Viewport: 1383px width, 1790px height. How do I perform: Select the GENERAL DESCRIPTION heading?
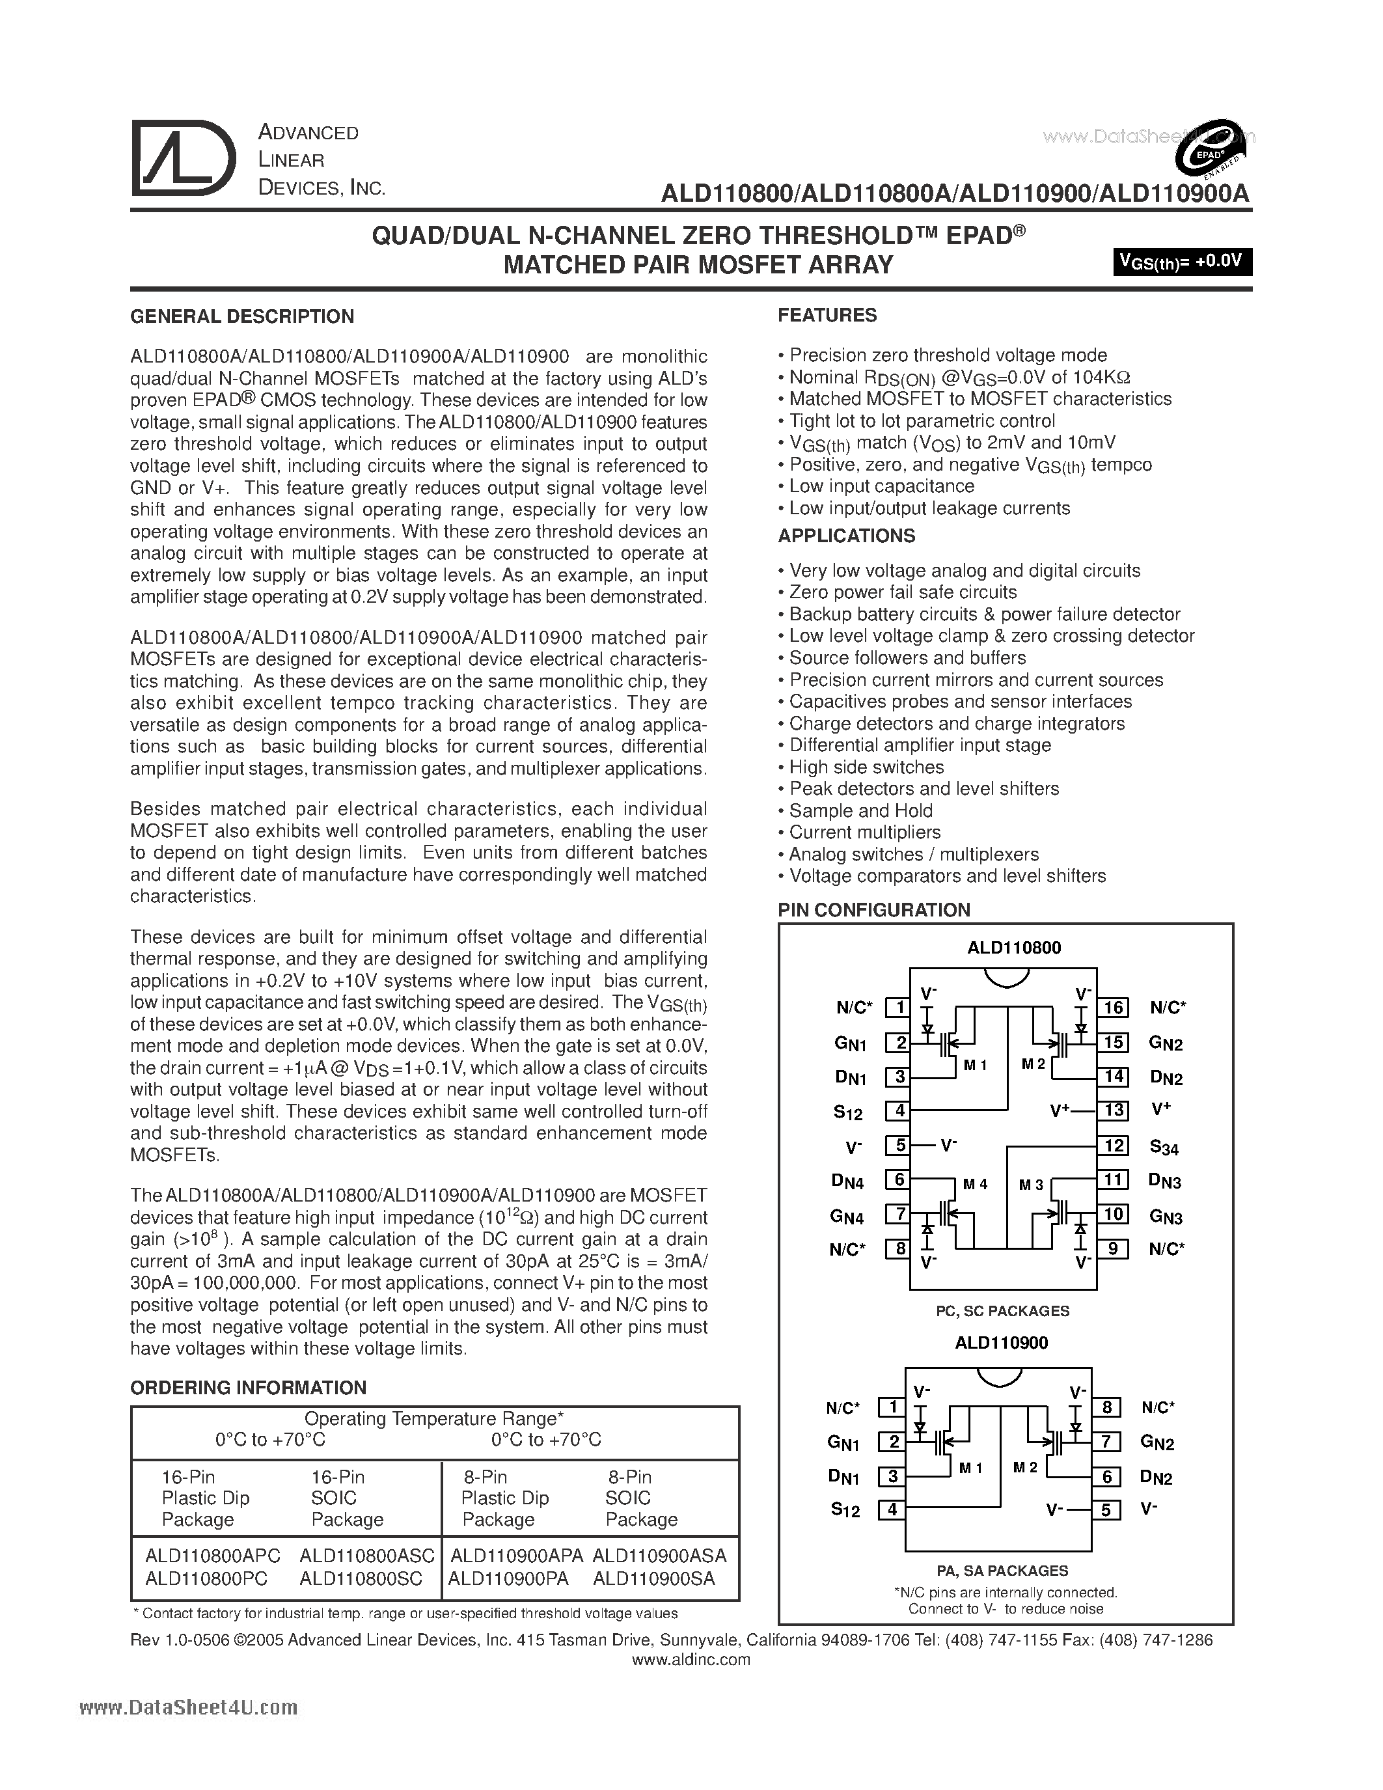pos(243,316)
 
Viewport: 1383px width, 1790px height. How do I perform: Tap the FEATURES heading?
pos(827,316)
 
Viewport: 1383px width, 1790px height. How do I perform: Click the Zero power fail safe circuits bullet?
pos(902,592)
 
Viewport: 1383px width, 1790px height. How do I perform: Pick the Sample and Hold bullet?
pos(860,810)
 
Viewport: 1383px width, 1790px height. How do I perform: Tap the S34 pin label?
pos(1164,1148)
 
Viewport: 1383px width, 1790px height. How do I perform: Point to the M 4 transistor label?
pos(975,1184)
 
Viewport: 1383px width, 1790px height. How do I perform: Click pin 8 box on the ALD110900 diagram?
pos(1106,1407)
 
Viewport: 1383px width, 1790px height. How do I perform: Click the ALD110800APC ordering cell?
pos(212,1556)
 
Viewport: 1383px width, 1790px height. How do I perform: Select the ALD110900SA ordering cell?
pos(654,1578)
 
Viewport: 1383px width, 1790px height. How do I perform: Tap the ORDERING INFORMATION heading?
pos(248,1388)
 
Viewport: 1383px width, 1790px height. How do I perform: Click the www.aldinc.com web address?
pos(691,1660)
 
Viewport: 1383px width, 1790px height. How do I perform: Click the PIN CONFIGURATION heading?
pos(873,910)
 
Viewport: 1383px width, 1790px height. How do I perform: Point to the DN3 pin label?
pos(1164,1181)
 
